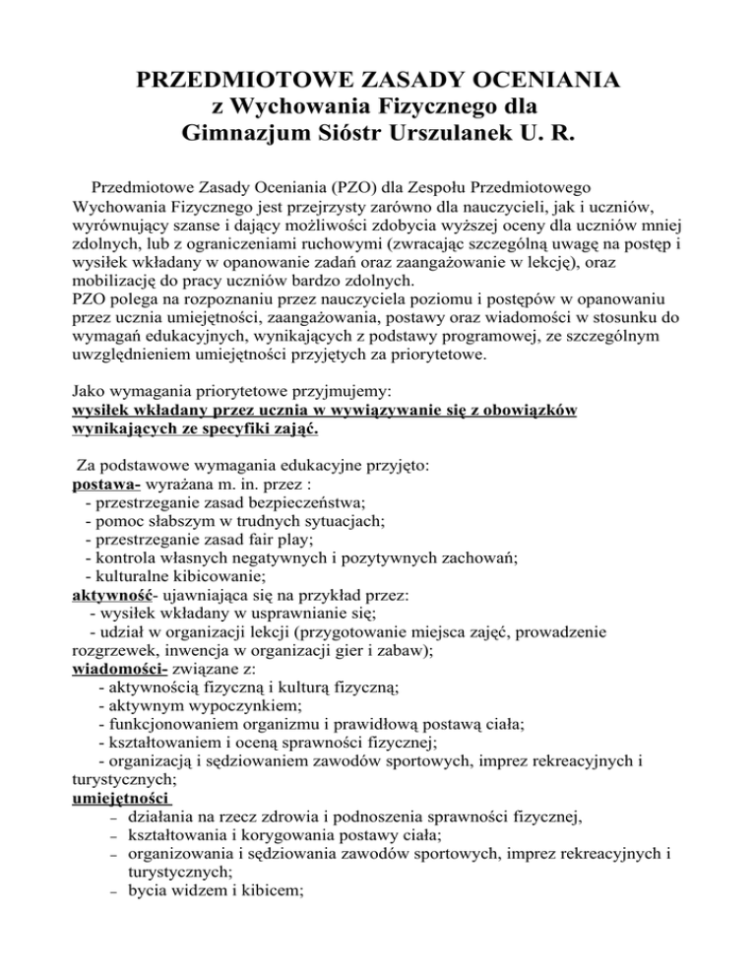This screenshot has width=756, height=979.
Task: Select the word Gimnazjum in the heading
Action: click(246, 131)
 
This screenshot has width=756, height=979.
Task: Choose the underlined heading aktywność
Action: click(115, 596)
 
